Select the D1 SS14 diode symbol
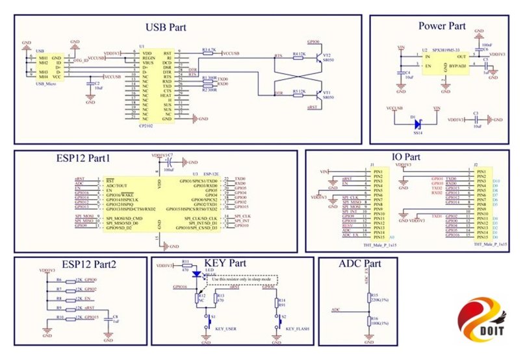pyautogui.click(x=417, y=123)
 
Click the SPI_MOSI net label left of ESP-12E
pyautogui.click(x=84, y=215)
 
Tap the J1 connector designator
pyautogui.click(x=372, y=165)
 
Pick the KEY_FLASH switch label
pyautogui.click(x=295, y=329)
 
